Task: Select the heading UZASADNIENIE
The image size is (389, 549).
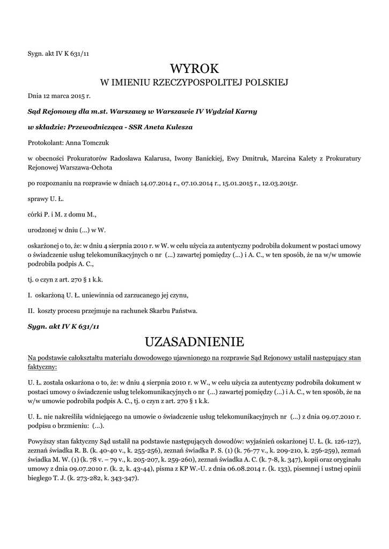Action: [x=195, y=342]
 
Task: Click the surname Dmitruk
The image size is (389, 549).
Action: [x=252, y=158]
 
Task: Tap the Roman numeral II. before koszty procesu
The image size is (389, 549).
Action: [x=31, y=310]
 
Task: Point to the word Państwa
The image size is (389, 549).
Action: [x=185, y=310]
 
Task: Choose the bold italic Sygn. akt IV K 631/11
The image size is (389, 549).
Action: [x=64, y=326]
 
